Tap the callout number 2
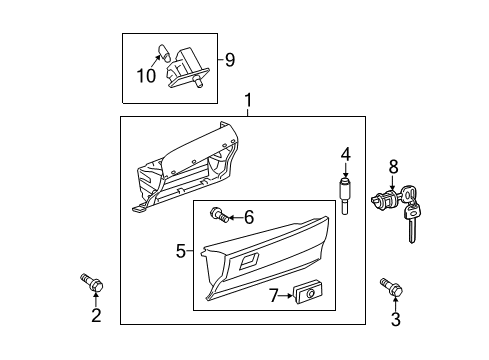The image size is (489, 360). [96, 317]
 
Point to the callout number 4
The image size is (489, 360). [345, 154]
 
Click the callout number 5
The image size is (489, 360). [181, 251]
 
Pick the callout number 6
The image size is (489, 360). [250, 216]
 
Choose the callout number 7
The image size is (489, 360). [274, 294]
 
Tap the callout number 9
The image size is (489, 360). [229, 60]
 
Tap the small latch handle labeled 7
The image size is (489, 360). [304, 293]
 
